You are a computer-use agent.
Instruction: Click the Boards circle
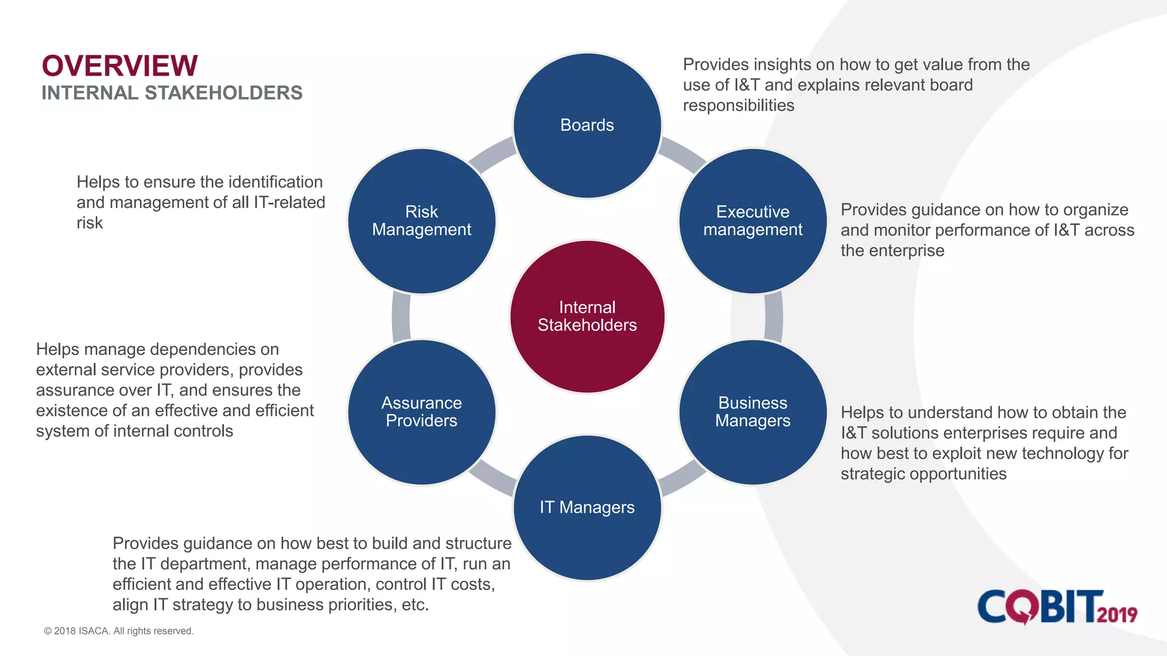click(587, 125)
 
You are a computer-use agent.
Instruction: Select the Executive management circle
click(753, 221)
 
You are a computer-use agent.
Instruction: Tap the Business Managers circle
click(753, 412)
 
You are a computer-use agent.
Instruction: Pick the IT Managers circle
click(587, 507)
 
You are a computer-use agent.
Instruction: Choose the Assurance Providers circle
click(422, 412)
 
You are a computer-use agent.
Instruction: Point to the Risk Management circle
click(422, 221)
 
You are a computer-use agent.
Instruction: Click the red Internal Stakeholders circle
click(587, 317)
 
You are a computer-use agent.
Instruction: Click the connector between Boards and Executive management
click(683, 154)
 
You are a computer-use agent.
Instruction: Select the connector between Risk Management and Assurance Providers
click(401, 317)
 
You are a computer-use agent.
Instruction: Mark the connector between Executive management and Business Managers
click(773, 317)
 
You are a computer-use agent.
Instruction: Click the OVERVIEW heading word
click(120, 66)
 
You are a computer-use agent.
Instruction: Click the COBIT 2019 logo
click(1057, 606)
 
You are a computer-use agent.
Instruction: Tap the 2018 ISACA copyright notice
click(119, 631)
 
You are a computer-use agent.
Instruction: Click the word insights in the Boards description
click(784, 65)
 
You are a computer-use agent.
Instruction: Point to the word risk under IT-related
click(89, 223)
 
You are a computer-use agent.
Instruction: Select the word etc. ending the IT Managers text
click(415, 605)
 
